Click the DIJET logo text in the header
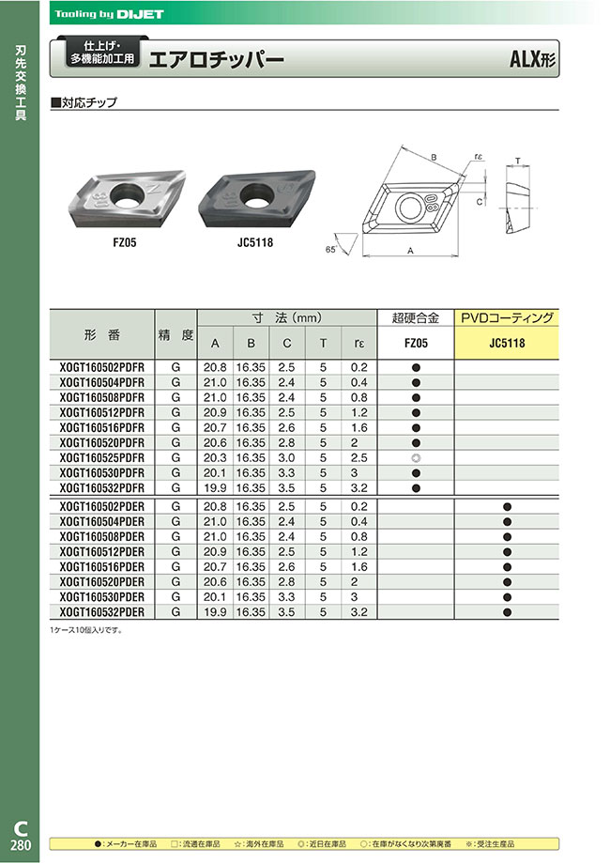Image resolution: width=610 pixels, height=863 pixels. [139, 14]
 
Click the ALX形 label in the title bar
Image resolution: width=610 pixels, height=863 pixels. [532, 59]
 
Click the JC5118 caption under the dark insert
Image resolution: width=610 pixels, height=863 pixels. [255, 242]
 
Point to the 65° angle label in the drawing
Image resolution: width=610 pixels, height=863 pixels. [330, 250]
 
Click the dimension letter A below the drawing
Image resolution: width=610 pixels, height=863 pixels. [410, 251]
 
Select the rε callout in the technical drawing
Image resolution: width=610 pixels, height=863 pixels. [478, 158]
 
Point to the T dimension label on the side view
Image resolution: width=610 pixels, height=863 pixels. [518, 161]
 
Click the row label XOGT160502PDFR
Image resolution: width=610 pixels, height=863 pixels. [101, 368]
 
